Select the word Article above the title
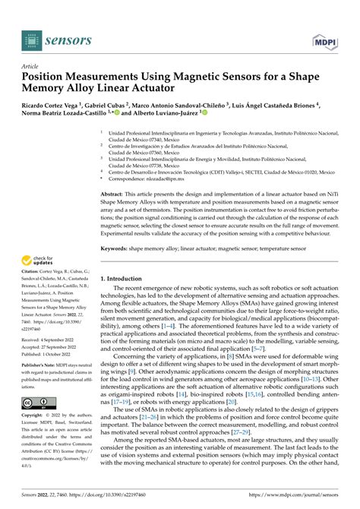click(32, 65)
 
